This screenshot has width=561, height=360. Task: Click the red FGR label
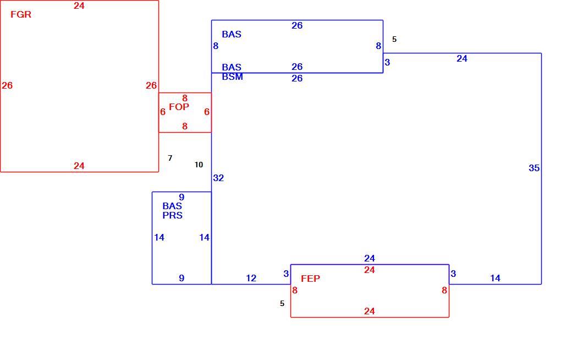(21, 14)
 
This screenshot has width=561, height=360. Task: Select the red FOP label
(179, 107)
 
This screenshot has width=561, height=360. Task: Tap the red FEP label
(310, 279)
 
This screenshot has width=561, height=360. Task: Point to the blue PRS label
(172, 215)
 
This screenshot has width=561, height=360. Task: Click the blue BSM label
(232, 77)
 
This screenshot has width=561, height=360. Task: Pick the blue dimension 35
(534, 168)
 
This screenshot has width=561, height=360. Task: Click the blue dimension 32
(218, 178)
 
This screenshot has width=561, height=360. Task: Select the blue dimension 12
(251, 279)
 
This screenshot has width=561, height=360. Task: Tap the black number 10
(199, 165)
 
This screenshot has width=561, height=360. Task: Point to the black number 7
(170, 158)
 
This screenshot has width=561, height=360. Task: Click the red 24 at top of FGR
(79, 6)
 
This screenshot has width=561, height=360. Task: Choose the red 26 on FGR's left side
(7, 86)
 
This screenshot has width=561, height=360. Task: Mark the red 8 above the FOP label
(185, 98)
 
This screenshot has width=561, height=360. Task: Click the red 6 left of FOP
(163, 112)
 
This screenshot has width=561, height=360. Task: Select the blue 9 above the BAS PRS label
(182, 198)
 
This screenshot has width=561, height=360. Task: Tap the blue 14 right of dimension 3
(495, 279)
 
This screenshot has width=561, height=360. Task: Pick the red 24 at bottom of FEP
(369, 311)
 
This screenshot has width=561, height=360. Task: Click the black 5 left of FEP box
(282, 304)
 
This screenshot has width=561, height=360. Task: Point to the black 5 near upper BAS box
(394, 40)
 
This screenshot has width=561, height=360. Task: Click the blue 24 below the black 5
(462, 59)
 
